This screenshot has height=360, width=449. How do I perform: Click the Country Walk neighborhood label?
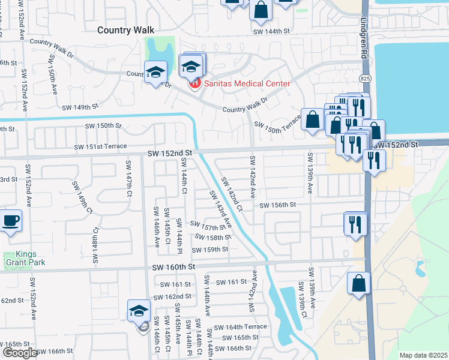(x=126, y=29)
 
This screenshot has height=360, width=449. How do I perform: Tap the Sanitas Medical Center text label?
(x=247, y=83)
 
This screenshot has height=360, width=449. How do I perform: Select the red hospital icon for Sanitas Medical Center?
(x=194, y=83)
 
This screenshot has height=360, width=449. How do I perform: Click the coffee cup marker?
(x=11, y=221)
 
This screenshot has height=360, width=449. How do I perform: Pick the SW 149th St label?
(x=80, y=107)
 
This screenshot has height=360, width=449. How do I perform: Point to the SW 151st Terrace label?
(x=100, y=146)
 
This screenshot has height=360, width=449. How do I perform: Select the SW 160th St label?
(x=174, y=266)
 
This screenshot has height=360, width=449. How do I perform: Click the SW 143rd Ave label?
(x=219, y=209)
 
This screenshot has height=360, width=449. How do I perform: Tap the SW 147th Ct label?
(x=129, y=178)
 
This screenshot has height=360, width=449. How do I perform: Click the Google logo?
(x=20, y=353)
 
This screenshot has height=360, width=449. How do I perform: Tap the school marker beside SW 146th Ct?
(x=138, y=311)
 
